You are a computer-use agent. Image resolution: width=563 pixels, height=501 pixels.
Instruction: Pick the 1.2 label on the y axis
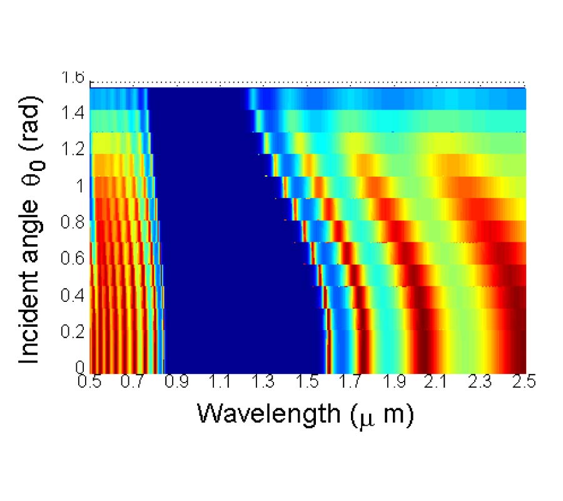pos(73,151)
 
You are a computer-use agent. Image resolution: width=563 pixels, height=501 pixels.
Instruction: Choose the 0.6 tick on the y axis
pos(73,258)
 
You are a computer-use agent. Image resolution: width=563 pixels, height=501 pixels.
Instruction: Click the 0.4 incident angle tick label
pos(73,294)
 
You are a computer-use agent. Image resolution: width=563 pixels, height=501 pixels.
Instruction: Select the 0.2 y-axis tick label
pos(73,330)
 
